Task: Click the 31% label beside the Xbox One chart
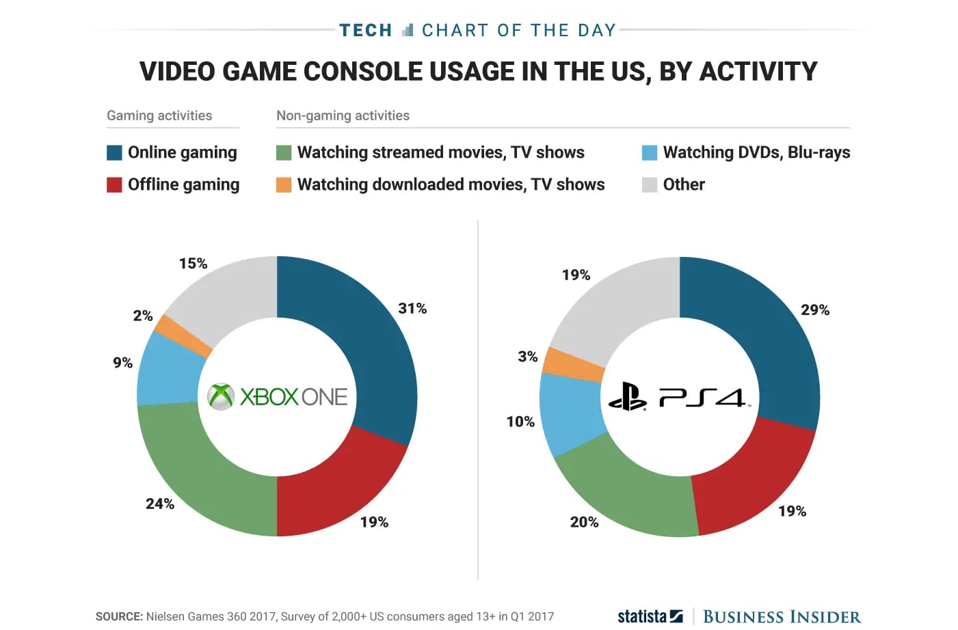coord(412,308)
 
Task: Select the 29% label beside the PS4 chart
coord(815,310)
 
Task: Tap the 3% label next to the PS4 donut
coord(527,356)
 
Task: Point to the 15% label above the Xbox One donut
coord(193,263)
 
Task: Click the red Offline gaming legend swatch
coord(114,185)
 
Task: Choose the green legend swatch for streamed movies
coord(284,152)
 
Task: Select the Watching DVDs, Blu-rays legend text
coord(756,152)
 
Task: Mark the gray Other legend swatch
coord(650,185)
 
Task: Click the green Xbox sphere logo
coord(221,396)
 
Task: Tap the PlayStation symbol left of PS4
coord(627,396)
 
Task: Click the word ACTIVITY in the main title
coord(758,71)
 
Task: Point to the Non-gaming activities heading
coord(343,115)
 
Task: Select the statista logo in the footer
coord(650,616)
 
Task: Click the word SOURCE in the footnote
coord(119,616)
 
